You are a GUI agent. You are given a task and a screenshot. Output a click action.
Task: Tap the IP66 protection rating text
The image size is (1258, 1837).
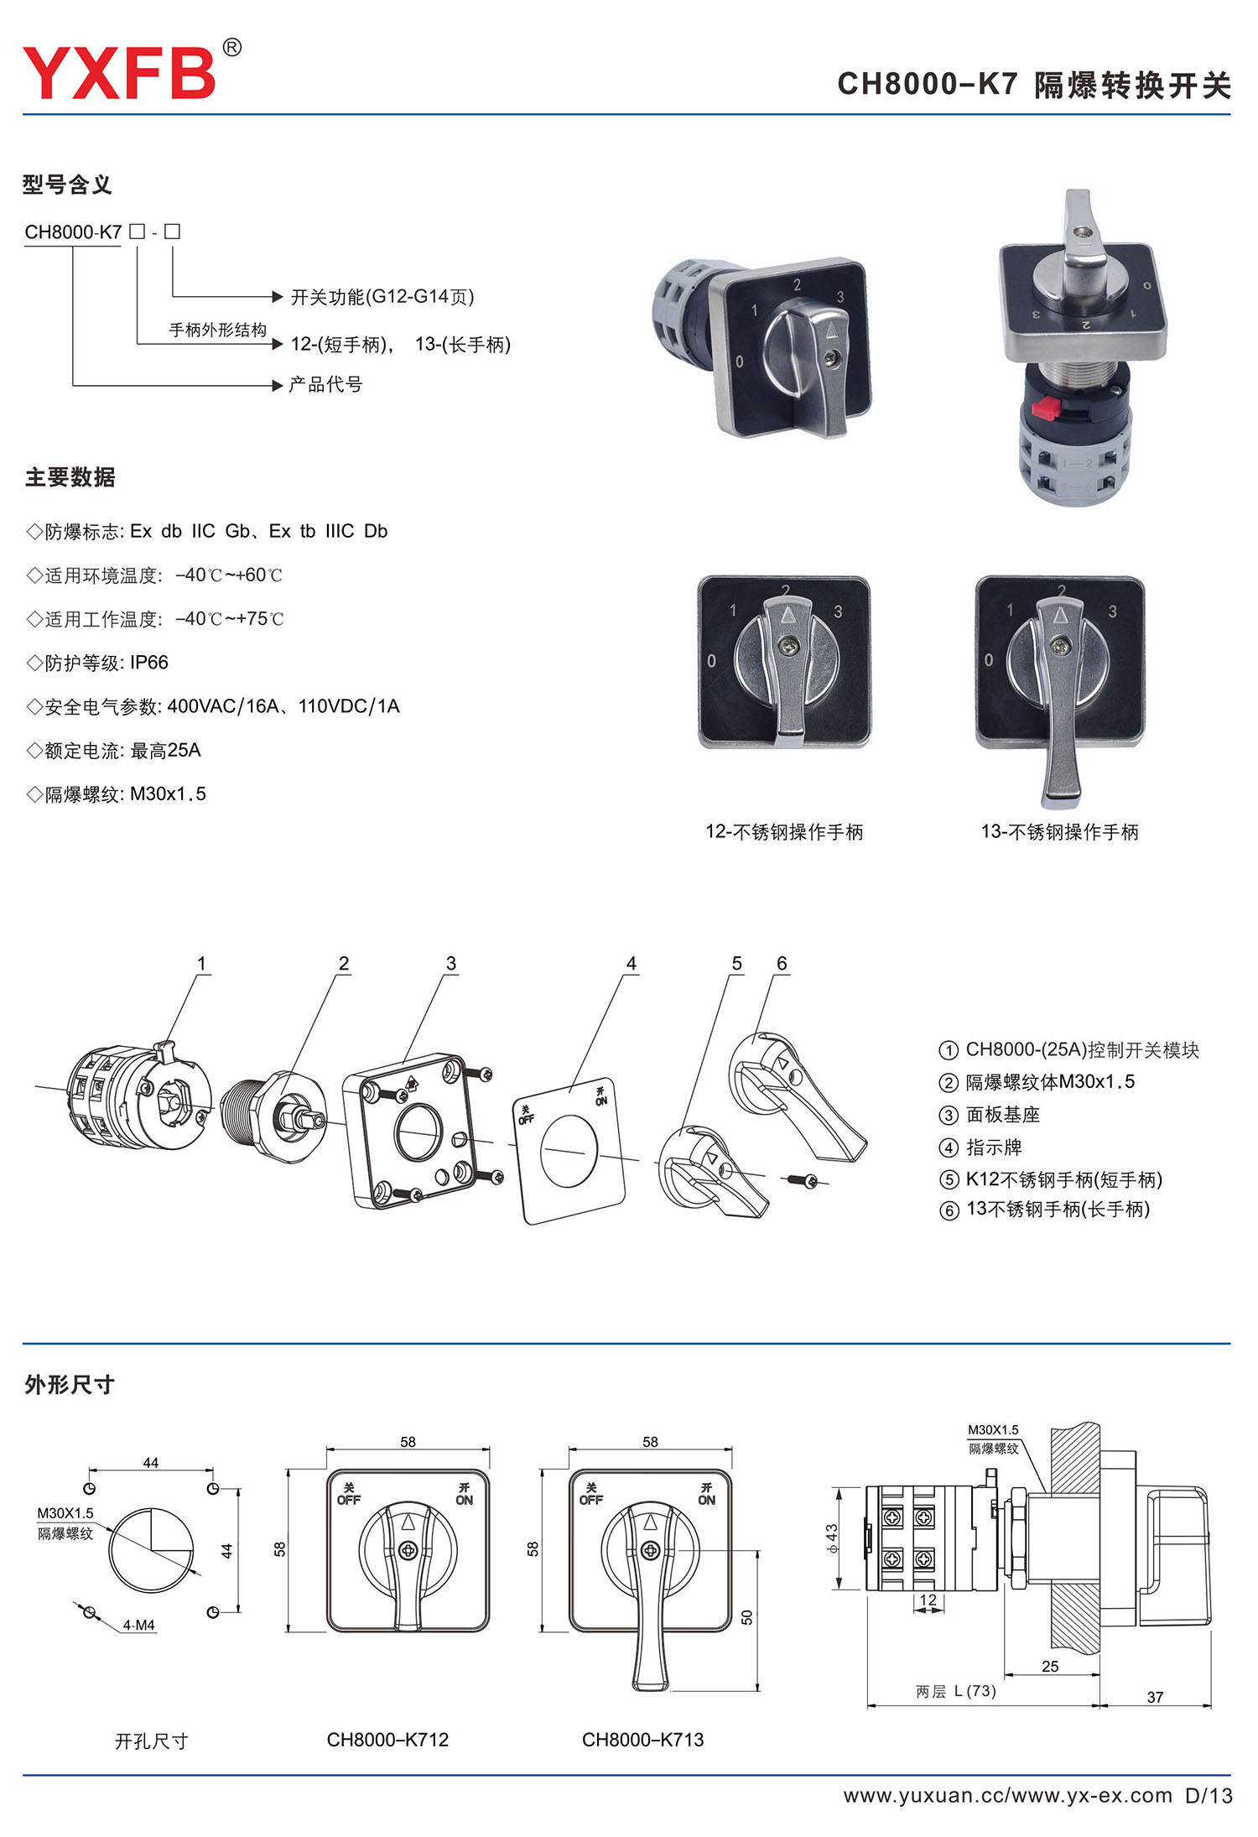pos(149,663)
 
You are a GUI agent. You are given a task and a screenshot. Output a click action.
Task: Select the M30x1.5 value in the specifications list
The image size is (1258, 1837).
pos(168,794)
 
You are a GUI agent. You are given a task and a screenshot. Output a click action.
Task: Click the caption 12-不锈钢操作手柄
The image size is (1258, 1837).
pos(784,831)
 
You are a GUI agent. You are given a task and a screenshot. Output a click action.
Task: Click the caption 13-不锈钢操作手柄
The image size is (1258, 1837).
pos(1060,831)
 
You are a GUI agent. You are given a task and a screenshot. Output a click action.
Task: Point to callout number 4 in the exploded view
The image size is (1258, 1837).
pos(632,964)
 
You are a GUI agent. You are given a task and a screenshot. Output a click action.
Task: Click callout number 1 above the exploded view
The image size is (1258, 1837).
pos(201,964)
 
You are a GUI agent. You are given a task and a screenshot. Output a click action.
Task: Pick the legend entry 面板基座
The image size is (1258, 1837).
pos(1003,1115)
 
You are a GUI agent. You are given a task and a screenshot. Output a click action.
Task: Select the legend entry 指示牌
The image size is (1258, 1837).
pos(994,1147)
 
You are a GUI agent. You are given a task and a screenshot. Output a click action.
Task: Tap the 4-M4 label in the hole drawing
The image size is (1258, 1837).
pos(139,1625)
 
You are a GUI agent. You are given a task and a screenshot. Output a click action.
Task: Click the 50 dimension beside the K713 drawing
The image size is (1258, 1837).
pos(747,1616)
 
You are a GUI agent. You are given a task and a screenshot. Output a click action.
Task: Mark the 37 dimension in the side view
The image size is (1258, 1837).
pos(1155,1697)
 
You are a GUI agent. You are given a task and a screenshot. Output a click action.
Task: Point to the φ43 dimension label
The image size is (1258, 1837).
pos(832,1538)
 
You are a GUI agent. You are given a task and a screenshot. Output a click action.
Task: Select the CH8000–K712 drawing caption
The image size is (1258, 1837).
pos(387,1740)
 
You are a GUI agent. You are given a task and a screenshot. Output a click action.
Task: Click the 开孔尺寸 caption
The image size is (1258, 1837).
pos(151,1741)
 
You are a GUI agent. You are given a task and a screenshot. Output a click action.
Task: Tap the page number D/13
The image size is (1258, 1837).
pos(1209,1796)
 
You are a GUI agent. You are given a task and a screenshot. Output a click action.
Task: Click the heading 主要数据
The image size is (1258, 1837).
pos(70,477)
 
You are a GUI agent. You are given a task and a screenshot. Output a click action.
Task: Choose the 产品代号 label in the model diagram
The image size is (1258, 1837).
pos(325,384)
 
